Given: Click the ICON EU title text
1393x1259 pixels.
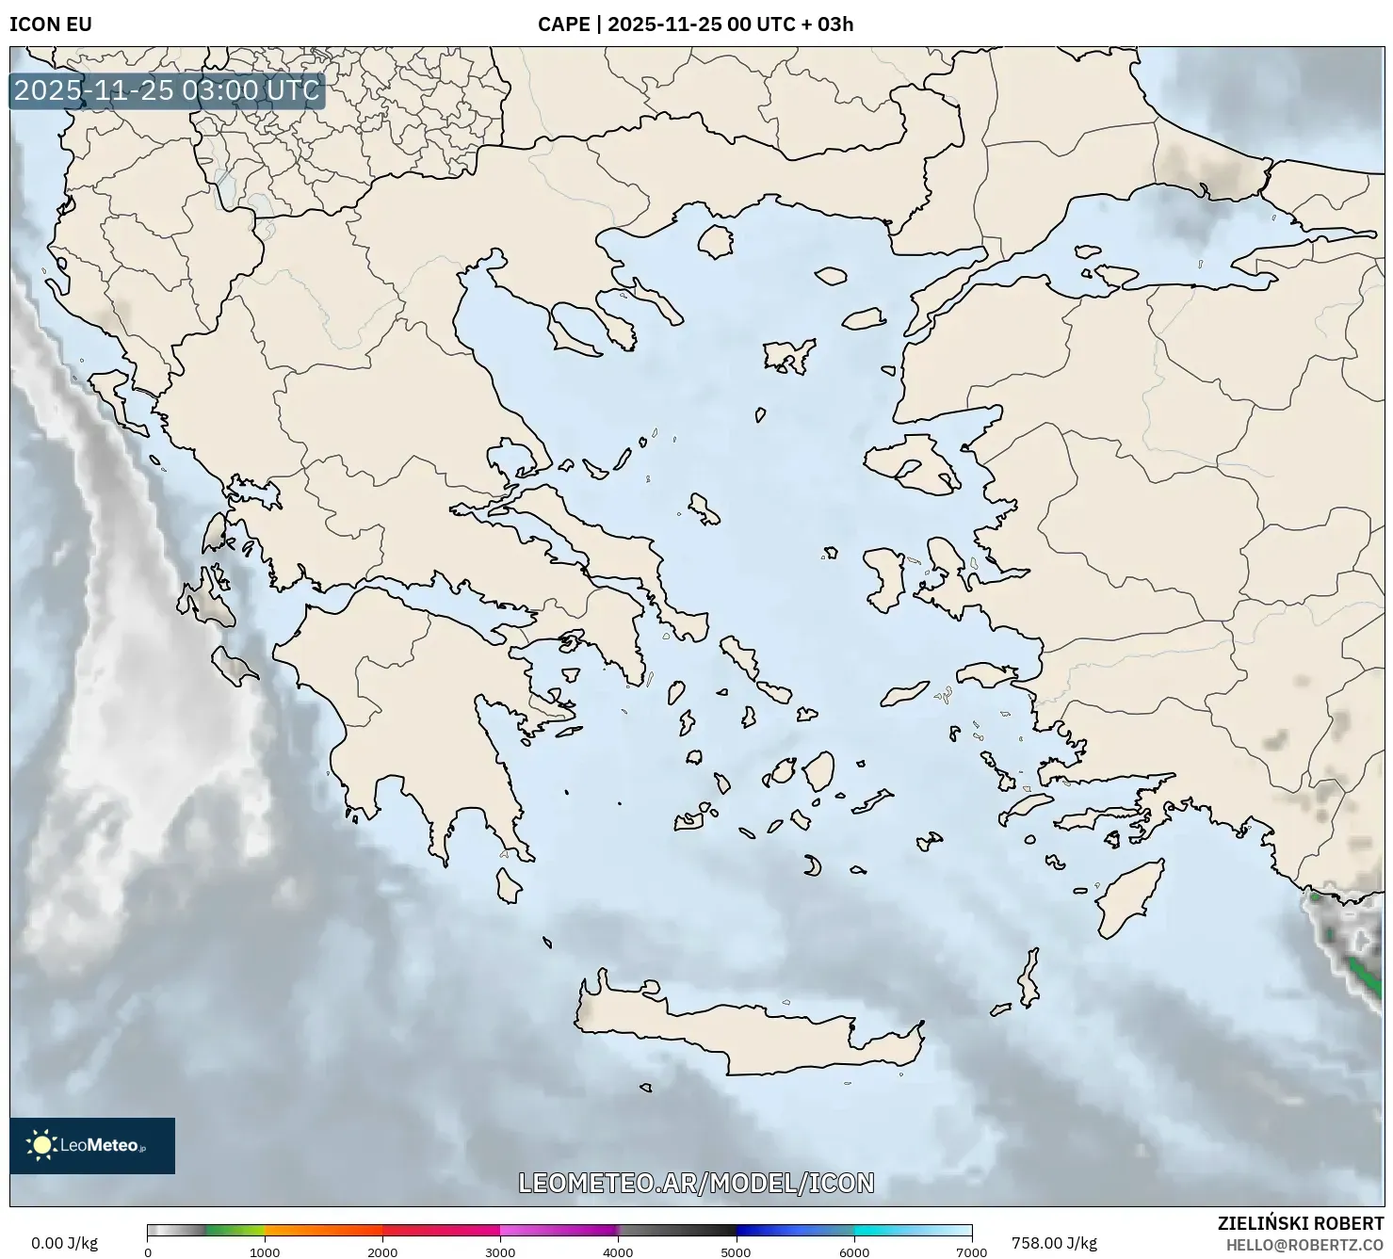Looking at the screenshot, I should coord(51,24).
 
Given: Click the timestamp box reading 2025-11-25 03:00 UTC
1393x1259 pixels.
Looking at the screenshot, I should coord(167,90).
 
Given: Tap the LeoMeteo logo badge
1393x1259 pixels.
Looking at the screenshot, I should coord(92,1145).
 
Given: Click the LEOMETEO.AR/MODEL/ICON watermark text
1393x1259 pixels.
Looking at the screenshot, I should coord(696,1183).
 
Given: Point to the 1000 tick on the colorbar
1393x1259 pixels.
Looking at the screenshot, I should coord(265,1252).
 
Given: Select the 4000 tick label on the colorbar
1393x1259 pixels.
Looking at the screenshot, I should coord(618,1252).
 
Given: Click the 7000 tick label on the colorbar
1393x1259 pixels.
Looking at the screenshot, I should coord(971,1252).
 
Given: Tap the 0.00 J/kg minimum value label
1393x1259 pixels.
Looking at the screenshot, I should coord(64,1243).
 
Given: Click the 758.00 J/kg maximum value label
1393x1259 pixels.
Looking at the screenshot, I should coord(1054,1243).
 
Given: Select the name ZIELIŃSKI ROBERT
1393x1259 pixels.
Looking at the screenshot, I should coord(1301,1224).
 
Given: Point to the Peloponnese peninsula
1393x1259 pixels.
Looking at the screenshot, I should coord(414,716).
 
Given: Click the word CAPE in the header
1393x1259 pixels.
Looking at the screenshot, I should coord(563,24).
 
